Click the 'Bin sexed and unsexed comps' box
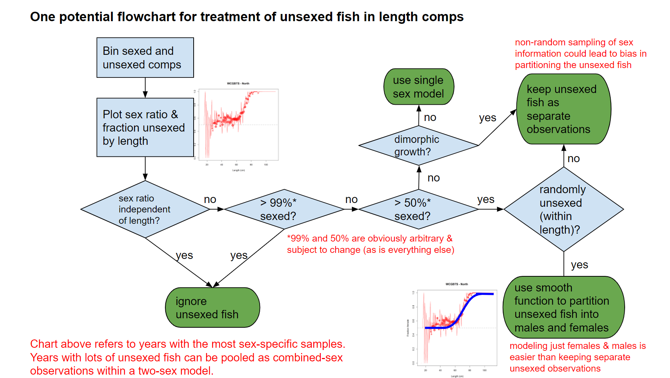click(145, 57)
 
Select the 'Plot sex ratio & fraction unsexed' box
click(145, 127)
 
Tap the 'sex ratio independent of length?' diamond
click(145, 209)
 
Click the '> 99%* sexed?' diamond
click(284, 209)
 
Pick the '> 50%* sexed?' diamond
click(418, 209)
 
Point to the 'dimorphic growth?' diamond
click(418, 146)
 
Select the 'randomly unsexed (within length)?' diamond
click(563, 209)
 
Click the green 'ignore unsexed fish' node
click(213, 307)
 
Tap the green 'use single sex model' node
click(419, 87)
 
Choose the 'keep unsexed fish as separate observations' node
click(563, 109)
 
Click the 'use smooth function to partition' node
click(563, 307)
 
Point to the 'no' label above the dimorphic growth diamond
click(430, 118)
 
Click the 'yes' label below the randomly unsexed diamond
click(579, 265)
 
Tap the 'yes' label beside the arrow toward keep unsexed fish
click(487, 118)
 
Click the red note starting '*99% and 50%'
click(370, 244)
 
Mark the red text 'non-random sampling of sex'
click(574, 42)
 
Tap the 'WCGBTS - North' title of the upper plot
click(238, 83)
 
